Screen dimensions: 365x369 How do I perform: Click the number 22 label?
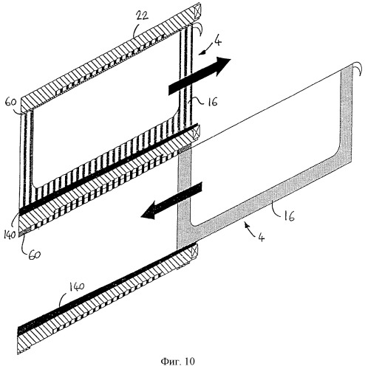coord(143,15)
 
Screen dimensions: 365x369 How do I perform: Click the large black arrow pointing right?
coord(199,76)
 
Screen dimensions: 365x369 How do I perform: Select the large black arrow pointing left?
coord(171,200)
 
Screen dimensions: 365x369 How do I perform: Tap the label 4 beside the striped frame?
coord(218,41)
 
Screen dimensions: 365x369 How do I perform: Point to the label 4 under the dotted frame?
coord(262,237)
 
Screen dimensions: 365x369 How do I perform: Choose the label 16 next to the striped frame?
coord(212,101)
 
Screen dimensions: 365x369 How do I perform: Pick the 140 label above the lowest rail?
coord(77,286)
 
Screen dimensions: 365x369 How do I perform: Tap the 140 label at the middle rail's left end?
coord(10,235)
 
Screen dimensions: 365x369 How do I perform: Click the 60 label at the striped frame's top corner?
coord(10,102)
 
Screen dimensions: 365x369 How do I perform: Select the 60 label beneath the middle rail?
coord(34,255)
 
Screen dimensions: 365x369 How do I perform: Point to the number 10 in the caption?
coord(189,361)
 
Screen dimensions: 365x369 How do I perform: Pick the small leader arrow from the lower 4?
coord(250,227)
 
